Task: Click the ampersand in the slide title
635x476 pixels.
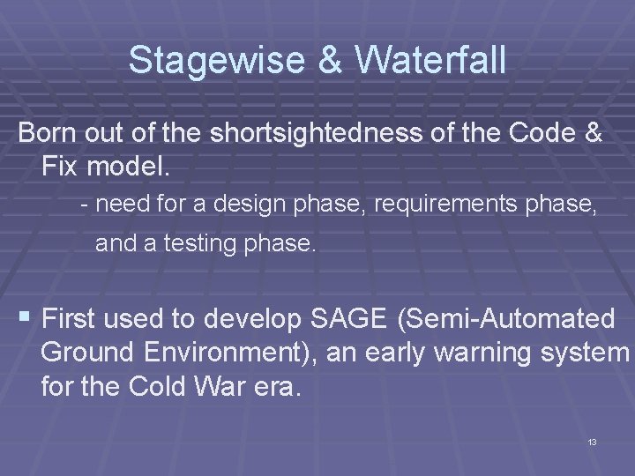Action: click(x=325, y=61)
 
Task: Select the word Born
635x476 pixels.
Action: click(x=49, y=134)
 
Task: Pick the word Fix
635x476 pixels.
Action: click(x=61, y=165)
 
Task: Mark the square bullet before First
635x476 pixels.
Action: click(x=24, y=316)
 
